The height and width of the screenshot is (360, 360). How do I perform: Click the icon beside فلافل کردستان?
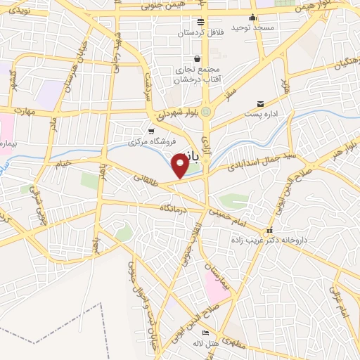click(x=200, y=21)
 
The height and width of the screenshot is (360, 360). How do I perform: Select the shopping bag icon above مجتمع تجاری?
click(x=198, y=58)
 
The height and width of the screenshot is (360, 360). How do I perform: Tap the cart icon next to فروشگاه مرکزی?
click(x=151, y=131)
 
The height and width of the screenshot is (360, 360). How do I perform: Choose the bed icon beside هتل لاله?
click(x=205, y=333)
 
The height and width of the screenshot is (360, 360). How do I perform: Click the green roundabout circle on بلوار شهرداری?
click(x=205, y=112)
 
